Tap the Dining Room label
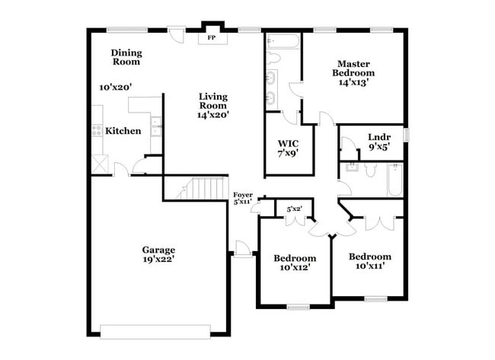point(126,57)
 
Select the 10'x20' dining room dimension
point(117,87)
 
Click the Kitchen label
point(123,131)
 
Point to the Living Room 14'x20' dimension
point(213,115)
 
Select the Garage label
point(158,250)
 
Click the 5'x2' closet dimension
point(294,209)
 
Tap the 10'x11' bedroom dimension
point(371,266)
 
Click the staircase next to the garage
point(203,188)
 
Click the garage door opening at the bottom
point(155,330)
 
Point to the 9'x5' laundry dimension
point(378,148)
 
